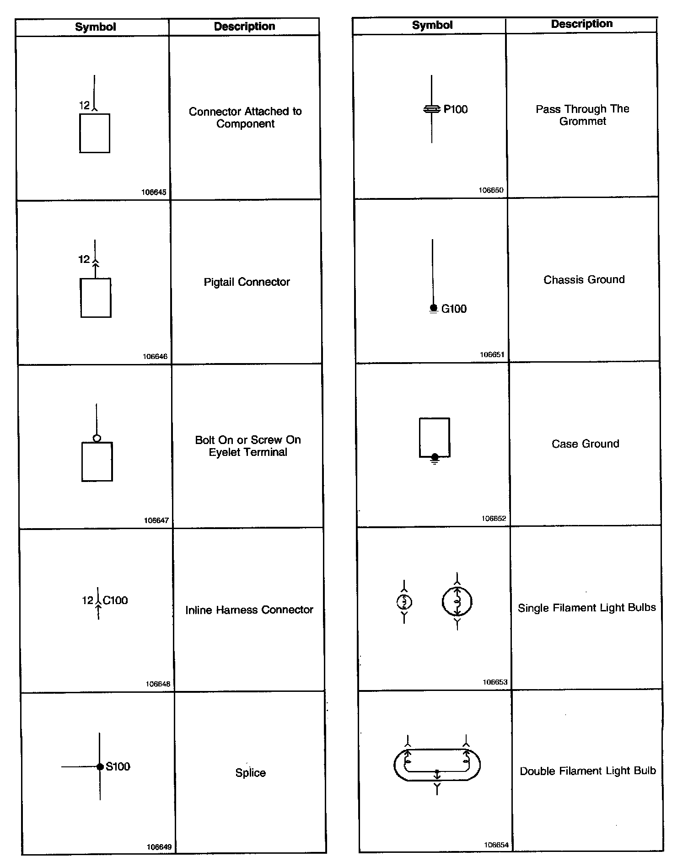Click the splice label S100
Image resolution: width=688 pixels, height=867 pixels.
118,766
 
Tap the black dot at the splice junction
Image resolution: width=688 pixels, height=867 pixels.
100,767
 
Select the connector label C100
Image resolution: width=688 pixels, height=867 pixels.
115,600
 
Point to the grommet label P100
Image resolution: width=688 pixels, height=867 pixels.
456,109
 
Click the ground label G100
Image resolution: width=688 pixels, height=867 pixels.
454,309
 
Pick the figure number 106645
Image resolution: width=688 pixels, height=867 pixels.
154,193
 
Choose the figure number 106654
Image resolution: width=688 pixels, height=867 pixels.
496,845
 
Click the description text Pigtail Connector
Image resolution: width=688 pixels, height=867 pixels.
247,282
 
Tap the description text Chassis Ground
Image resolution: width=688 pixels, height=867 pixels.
584,279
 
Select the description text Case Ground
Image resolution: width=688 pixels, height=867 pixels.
585,444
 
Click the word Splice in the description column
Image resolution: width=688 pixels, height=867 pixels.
250,772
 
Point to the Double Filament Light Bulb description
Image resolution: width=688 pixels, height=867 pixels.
588,771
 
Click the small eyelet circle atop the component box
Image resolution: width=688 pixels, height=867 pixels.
97,439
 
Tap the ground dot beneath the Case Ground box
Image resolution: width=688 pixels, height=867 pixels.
435,457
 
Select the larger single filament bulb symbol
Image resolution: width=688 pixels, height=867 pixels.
457,602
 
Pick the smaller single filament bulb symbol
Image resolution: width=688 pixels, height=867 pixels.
404,602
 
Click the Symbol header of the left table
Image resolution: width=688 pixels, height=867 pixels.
95,27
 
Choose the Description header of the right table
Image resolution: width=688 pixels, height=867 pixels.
581,24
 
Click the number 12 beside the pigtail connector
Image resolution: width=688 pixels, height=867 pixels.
84,259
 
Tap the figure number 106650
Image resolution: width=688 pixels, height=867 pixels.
491,190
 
